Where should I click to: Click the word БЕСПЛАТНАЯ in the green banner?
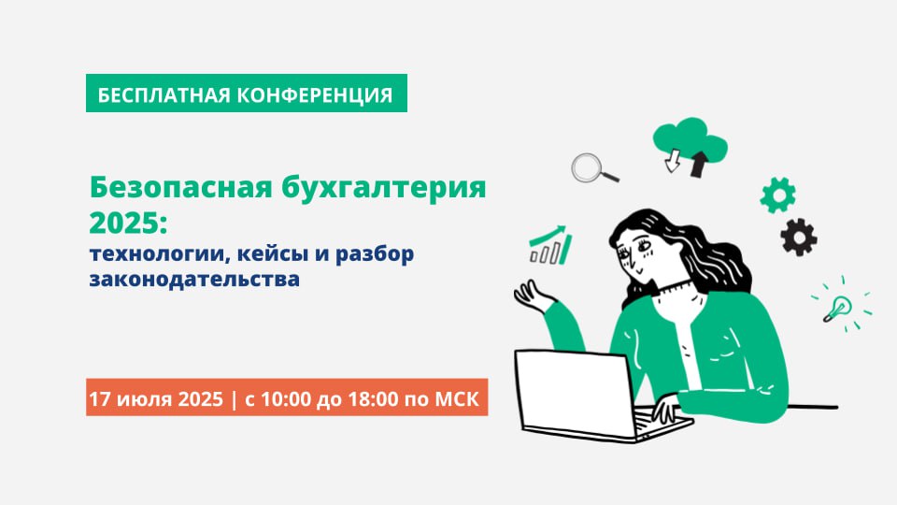click(x=164, y=94)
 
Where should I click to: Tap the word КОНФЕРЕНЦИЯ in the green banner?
click(x=315, y=94)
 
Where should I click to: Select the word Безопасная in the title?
click(x=180, y=187)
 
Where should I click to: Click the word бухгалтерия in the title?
click(x=383, y=188)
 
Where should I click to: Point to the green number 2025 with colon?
click(x=129, y=223)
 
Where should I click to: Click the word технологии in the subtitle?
click(x=160, y=253)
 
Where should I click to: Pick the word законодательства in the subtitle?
click(x=194, y=279)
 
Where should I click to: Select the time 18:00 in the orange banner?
click(x=373, y=398)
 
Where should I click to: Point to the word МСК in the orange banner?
click(x=457, y=398)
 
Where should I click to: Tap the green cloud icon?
click(x=690, y=139)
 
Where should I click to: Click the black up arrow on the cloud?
click(x=699, y=164)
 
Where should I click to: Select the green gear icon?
click(x=777, y=195)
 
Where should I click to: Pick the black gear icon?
click(x=799, y=237)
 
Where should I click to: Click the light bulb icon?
click(x=839, y=308)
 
